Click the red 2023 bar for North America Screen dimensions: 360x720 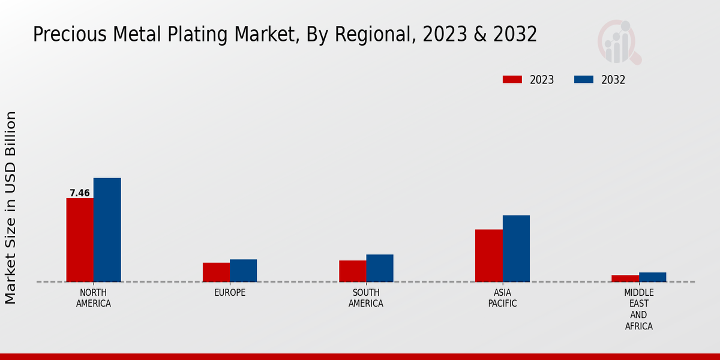coord(80,240)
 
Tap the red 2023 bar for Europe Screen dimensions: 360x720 coord(216,272)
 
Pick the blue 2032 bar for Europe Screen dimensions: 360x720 coord(243,271)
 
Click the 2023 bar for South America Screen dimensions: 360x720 coord(352,271)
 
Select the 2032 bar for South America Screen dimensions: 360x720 coord(380,268)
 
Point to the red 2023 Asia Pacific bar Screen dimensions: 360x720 coord(488,256)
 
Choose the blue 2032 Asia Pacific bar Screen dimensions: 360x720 coord(516,248)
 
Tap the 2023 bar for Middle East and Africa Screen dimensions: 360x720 coord(625,278)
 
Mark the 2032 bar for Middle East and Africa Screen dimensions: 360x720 coord(652,277)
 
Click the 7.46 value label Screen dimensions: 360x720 coord(80,193)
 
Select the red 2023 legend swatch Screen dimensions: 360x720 coord(512,80)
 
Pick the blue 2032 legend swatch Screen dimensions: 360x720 coord(583,80)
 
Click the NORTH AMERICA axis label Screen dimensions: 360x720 coord(94,298)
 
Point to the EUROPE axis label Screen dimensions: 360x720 coord(230,293)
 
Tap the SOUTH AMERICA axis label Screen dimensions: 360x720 coord(366,298)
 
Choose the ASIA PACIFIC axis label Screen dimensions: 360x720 coord(502,298)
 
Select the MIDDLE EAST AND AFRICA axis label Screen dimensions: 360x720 coord(638,310)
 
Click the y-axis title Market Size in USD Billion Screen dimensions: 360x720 coord(11,207)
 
